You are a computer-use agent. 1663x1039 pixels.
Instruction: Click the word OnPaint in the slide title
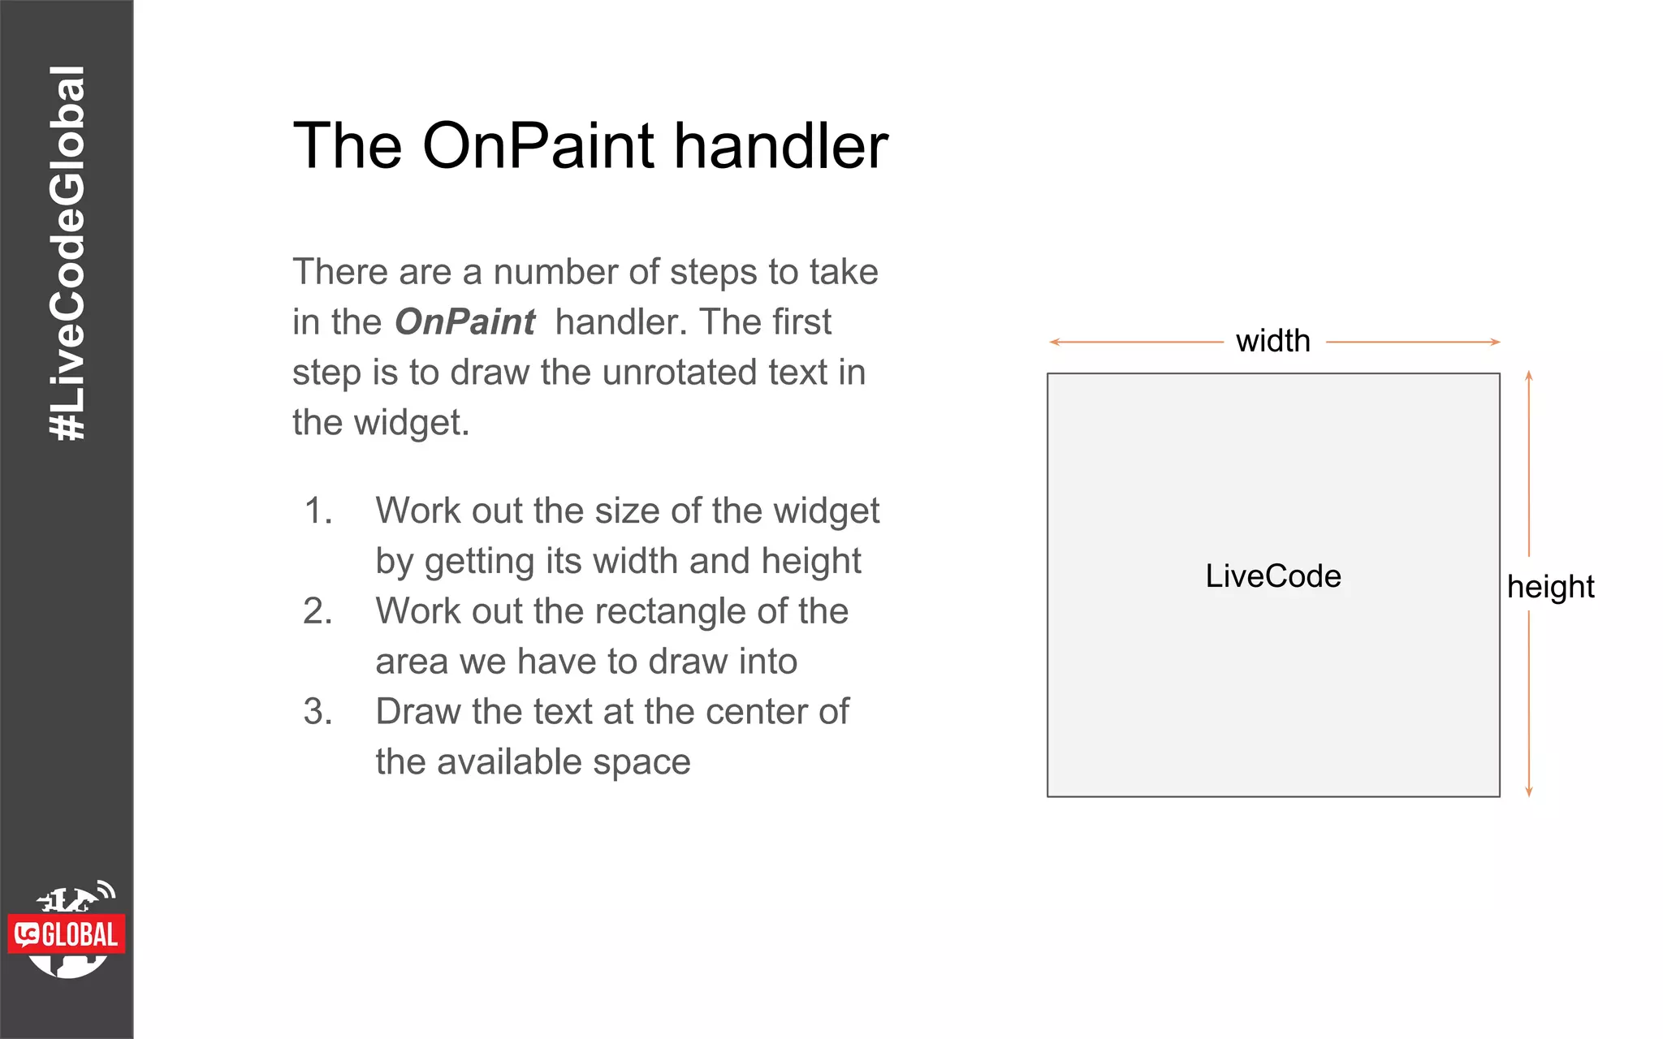tap(538, 146)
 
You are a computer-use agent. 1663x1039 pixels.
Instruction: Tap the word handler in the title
tap(781, 146)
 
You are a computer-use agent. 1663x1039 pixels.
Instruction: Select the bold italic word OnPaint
tap(464, 322)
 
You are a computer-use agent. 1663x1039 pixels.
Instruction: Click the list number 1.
tap(317, 511)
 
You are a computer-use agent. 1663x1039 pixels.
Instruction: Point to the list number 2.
tap(317, 611)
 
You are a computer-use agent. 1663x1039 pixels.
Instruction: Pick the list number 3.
tap(317, 712)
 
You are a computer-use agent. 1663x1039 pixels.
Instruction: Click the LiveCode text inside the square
tap(1272, 576)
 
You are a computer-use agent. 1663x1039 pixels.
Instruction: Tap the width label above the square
tap(1272, 341)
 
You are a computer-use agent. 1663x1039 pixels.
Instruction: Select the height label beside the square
tap(1550, 586)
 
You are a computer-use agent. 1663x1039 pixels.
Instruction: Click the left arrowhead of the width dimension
tap(1053, 343)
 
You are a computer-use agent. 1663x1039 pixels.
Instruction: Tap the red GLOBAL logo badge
tap(67, 934)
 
